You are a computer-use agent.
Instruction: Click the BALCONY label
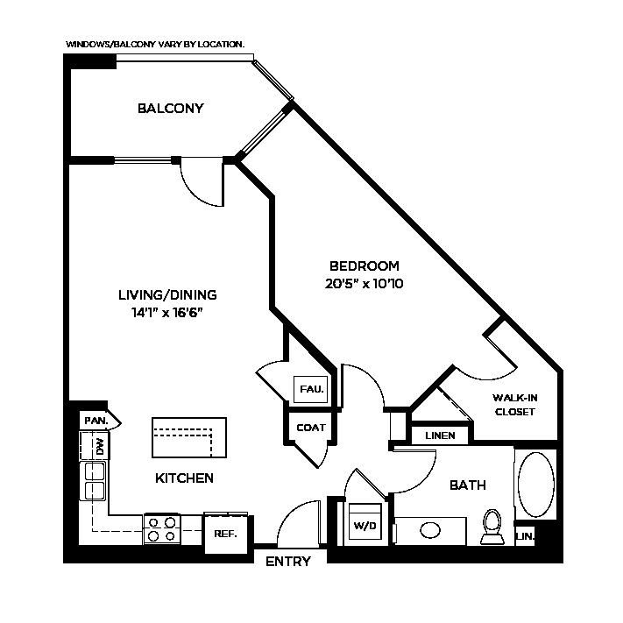171,108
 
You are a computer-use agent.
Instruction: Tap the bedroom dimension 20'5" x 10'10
364,284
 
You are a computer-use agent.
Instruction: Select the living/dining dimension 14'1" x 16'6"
167,313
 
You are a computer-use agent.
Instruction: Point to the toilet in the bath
492,527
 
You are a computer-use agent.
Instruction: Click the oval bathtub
536,485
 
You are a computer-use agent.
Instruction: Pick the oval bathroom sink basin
430,530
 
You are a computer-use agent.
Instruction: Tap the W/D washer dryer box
365,521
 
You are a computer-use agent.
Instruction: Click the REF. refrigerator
226,534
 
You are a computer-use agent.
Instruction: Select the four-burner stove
162,529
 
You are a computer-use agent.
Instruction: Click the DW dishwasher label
99,447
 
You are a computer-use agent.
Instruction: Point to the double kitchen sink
93,481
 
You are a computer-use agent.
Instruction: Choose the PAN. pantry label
96,421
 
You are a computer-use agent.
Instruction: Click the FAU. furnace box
311,389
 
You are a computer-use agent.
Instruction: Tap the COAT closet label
311,428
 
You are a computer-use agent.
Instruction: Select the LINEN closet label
440,435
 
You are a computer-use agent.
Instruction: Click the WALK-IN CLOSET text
515,405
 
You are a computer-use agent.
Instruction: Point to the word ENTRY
288,562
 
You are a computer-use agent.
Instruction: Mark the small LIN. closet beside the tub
525,536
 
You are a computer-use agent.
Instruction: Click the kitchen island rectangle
189,437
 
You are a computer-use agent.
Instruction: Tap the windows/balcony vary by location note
155,44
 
